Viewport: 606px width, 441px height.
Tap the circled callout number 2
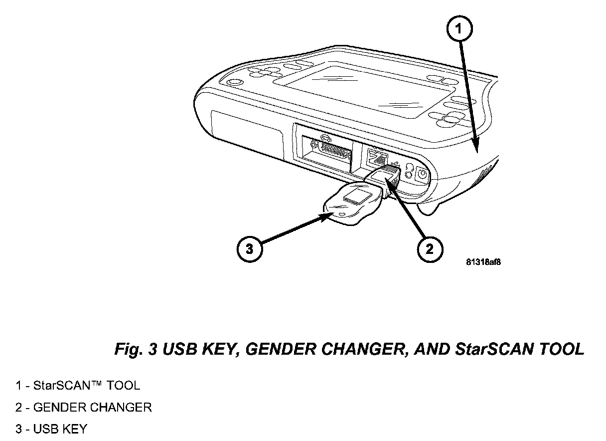429,248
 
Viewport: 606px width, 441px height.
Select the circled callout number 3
249,248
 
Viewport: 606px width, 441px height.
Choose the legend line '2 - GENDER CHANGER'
83,408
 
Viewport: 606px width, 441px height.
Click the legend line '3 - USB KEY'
51,429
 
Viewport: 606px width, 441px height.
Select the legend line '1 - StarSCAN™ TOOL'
77,386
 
